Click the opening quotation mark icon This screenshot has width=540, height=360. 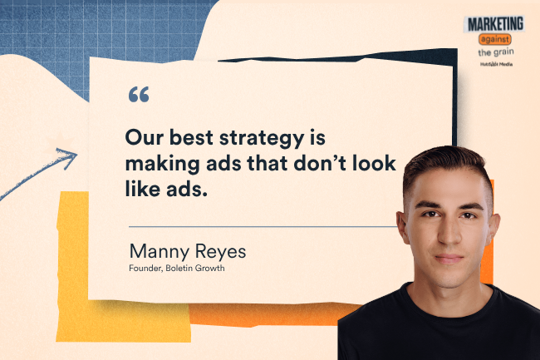[139, 95]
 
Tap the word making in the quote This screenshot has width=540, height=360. [161, 163]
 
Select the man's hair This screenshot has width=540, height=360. [444, 170]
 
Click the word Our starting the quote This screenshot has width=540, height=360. [142, 135]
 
